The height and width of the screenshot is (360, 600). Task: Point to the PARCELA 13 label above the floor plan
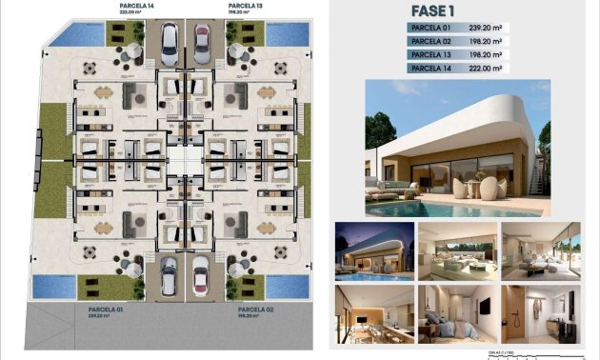tap(245, 6)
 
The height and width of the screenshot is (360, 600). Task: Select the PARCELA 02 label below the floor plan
tap(253, 309)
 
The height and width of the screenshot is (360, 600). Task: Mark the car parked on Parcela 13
tap(203, 41)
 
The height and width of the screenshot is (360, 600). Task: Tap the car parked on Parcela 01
tap(168, 276)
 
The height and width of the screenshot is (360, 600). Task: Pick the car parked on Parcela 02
tap(202, 277)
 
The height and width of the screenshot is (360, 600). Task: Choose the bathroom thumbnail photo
tap(540, 314)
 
